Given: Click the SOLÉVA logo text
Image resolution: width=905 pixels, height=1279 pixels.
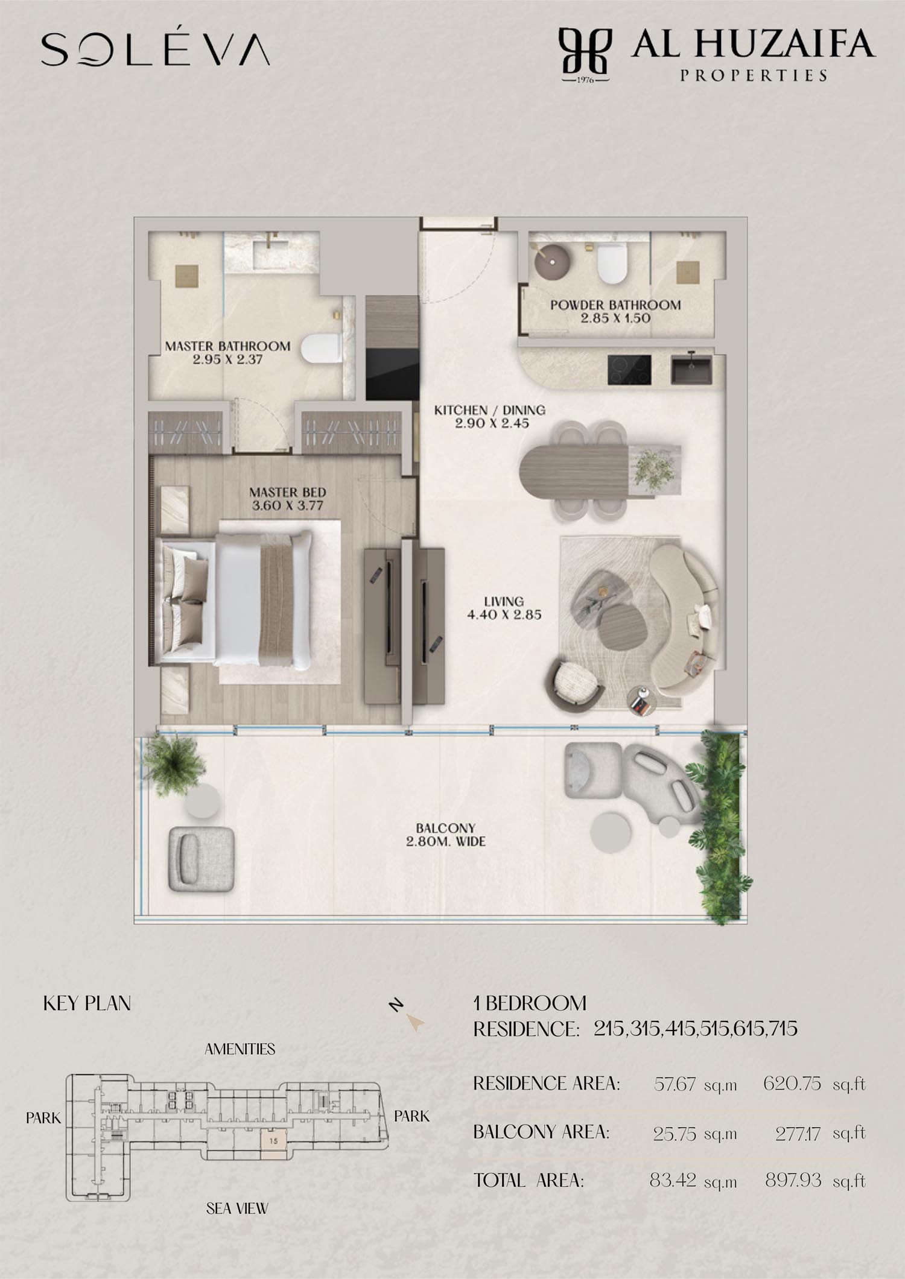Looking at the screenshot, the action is pos(155,49).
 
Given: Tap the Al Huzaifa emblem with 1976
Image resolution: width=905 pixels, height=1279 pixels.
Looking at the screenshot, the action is pos(585,55).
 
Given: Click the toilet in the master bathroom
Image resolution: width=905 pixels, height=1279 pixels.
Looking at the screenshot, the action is pos(322,348).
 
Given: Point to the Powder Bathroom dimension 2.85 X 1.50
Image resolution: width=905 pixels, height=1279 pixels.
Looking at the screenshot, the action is pos(615,318).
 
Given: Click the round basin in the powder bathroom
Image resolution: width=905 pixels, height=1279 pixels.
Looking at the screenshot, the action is pos(551,261).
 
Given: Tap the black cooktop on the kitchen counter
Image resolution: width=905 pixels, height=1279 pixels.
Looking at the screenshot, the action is pos(629,370).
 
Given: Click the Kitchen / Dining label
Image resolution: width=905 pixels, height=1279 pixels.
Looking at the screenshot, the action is pos(490,410).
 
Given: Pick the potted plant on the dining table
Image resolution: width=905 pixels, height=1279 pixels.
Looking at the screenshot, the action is pos(653,469).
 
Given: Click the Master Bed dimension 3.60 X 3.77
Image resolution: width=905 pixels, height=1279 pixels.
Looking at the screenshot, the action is pos(287,505).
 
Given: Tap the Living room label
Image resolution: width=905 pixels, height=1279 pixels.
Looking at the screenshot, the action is pos(504,608).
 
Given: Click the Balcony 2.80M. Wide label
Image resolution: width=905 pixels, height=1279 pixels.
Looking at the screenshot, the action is pos(446,835).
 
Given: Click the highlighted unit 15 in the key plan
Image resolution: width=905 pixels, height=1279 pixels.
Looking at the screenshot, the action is pos(274,1140).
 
